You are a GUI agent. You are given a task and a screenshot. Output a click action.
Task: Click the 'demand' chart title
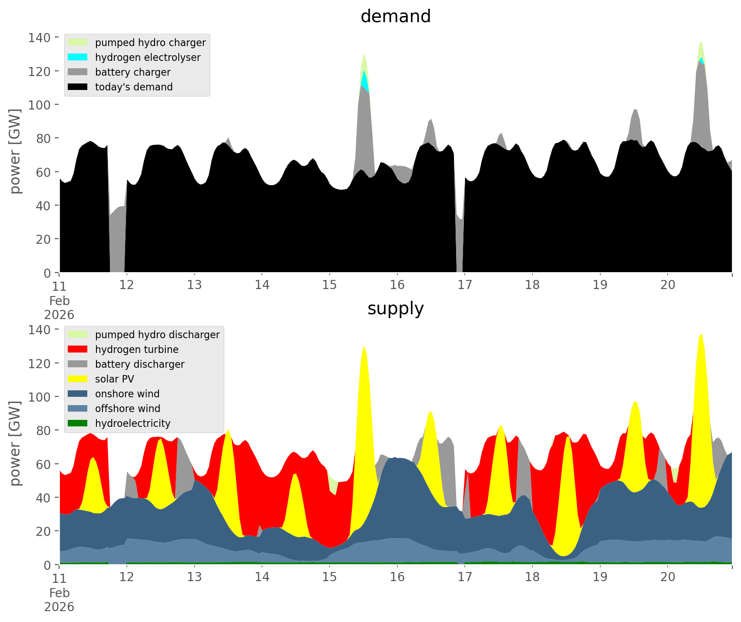click(395, 17)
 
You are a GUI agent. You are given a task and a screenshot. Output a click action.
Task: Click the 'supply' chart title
click(395, 309)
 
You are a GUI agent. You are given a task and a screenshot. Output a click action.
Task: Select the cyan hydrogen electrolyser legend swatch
click(78, 57)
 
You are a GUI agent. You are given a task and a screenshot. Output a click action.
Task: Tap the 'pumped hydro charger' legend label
click(150, 43)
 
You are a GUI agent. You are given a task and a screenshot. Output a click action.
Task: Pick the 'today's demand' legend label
click(134, 87)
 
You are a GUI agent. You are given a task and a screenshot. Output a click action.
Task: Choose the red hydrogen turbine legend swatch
click(78, 349)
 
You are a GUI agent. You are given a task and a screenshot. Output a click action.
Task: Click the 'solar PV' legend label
click(115, 379)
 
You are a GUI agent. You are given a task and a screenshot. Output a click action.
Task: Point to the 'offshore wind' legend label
click(128, 409)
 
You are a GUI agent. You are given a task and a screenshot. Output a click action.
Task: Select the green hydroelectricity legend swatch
click(78, 423)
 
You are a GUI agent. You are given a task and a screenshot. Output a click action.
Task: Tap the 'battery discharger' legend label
click(140, 364)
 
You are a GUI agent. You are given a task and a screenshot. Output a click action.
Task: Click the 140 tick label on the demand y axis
click(40, 38)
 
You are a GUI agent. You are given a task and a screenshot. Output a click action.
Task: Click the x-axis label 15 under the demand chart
click(329, 285)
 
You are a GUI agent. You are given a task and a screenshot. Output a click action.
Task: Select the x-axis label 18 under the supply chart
click(532, 577)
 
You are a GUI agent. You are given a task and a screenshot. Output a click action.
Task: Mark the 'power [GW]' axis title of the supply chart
click(15, 443)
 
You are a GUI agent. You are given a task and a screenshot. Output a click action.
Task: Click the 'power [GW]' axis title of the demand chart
click(15, 151)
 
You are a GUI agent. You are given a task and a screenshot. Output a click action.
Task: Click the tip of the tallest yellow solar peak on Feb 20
click(701, 334)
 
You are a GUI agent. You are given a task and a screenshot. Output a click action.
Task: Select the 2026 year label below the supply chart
click(59, 607)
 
